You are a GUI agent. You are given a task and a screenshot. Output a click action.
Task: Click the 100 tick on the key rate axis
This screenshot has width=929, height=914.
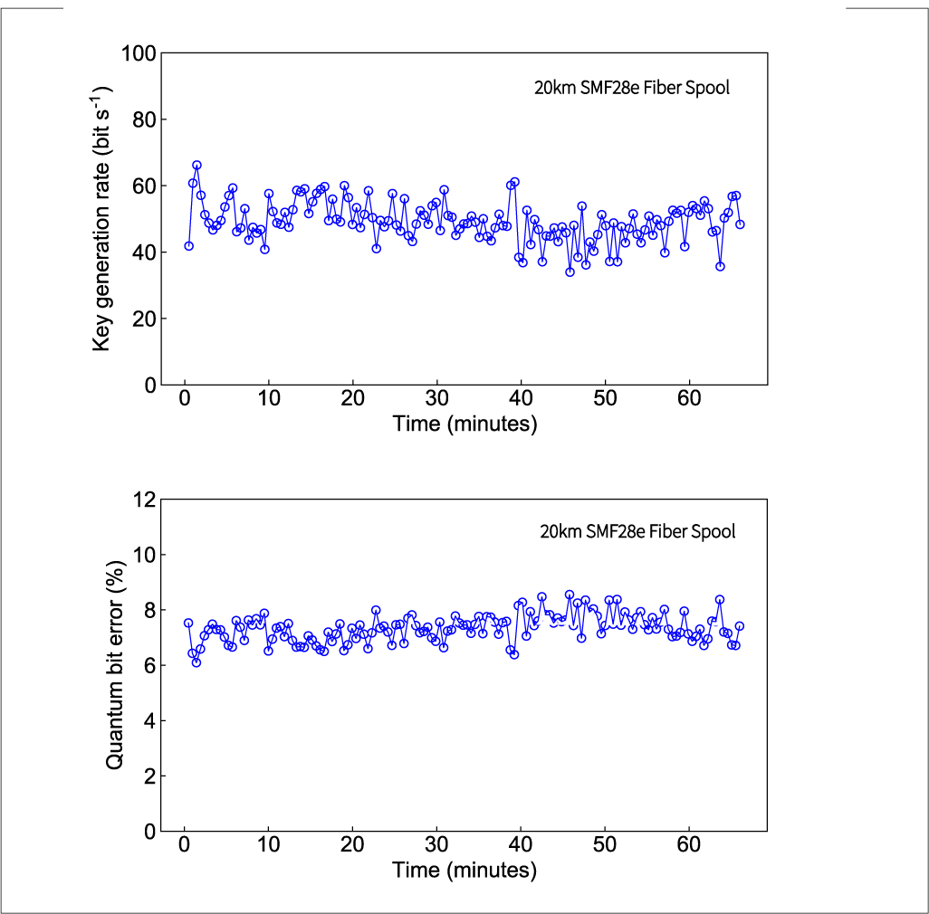(139, 53)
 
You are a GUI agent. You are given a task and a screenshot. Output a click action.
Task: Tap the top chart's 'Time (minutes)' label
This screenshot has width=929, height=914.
(464, 424)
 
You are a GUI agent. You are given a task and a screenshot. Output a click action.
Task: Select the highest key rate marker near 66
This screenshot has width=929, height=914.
(196, 166)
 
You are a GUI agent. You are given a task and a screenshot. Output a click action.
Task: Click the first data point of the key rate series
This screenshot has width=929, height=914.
(188, 245)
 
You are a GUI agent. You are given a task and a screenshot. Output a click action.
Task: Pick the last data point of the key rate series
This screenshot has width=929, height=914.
(740, 224)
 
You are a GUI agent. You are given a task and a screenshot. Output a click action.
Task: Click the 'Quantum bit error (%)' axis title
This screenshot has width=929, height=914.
(114, 666)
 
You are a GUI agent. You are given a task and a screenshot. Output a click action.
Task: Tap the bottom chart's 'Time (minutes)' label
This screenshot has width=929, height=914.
(464, 871)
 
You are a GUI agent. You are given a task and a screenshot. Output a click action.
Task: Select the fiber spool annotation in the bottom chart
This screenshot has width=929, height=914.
(637, 531)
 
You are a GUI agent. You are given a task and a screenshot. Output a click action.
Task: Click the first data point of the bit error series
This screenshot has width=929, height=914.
(188, 623)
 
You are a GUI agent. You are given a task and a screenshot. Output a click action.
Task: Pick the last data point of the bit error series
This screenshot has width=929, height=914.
(739, 625)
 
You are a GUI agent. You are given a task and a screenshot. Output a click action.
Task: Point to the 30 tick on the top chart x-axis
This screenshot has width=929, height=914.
(436, 399)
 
